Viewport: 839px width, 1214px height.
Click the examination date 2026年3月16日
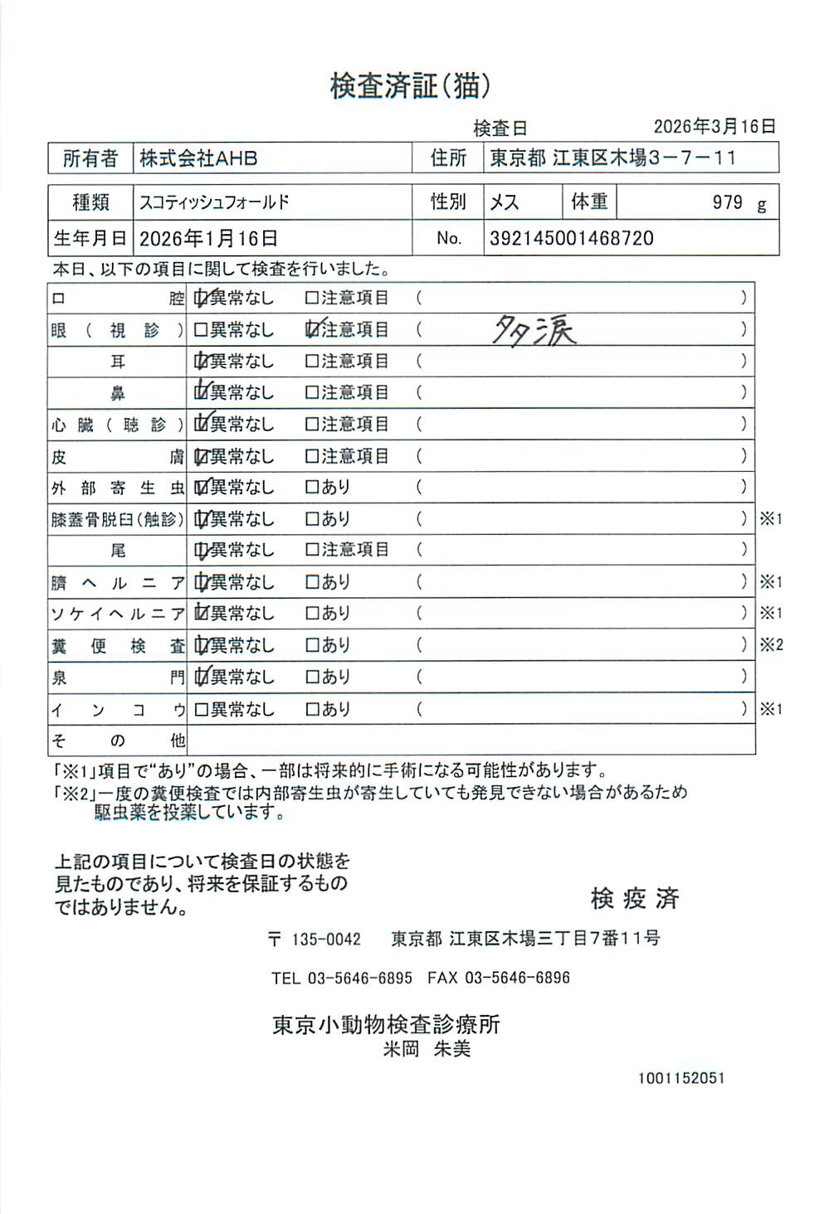715,126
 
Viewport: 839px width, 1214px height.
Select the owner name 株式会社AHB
198,158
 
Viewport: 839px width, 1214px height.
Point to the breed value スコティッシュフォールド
214,202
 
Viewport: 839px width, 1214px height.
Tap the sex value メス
505,202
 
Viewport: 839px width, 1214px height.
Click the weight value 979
727,202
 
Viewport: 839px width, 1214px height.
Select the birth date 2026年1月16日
208,239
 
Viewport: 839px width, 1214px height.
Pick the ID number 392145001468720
572,239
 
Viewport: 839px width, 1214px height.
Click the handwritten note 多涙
534,331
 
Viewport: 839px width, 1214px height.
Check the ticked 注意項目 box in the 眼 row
312,330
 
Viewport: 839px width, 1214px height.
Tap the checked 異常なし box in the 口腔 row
200,298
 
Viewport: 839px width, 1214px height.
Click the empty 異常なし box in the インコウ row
200,710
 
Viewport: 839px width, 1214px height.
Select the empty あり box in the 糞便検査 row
312,645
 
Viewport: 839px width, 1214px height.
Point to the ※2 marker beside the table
771,645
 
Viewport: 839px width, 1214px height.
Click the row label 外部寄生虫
117,488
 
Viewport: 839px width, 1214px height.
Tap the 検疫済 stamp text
635,898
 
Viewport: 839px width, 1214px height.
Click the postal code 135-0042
326,940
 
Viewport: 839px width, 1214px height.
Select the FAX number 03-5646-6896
517,978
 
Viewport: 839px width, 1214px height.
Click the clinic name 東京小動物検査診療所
386,1025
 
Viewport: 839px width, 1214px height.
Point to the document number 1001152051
681,1078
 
